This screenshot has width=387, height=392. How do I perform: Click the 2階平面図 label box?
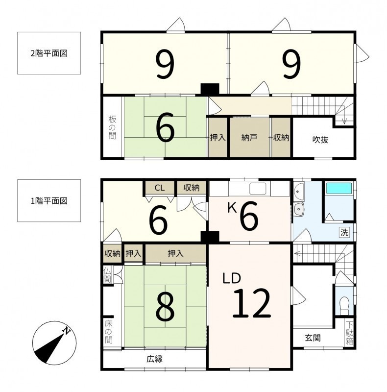[x=49, y=53]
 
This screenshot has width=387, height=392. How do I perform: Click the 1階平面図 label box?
[x=49, y=200]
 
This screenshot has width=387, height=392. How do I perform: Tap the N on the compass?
[x=67, y=331]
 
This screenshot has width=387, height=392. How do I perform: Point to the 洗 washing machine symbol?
[x=344, y=232]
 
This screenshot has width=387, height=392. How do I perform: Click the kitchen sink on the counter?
[x=258, y=188]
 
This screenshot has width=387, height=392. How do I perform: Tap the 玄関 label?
[x=313, y=338]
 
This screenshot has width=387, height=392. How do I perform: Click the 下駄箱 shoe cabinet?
[x=350, y=333]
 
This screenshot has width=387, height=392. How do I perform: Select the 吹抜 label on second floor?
[x=320, y=140]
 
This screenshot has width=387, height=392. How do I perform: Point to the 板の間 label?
[x=112, y=127]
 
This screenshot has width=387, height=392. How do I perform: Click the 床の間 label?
[x=108, y=332]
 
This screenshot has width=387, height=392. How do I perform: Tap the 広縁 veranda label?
[x=154, y=359]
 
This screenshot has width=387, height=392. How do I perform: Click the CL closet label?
[x=160, y=188]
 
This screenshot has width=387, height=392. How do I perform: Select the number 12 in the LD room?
[x=252, y=303]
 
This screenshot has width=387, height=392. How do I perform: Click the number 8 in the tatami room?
[x=165, y=307]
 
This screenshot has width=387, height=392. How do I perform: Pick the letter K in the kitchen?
[x=232, y=208]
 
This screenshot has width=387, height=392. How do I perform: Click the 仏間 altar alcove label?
[x=107, y=274]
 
